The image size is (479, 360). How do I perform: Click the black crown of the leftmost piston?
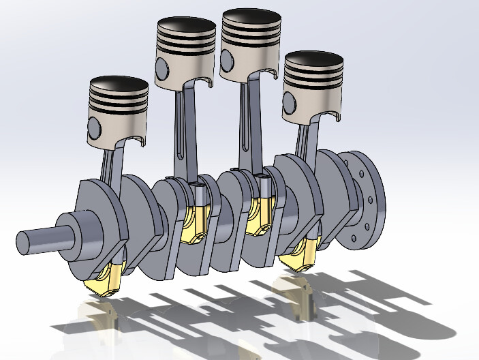[x=119, y=87]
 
